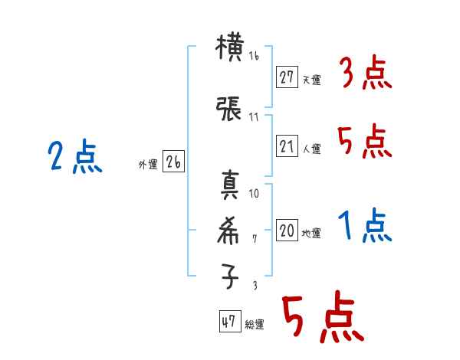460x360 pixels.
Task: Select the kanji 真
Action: pyautogui.click(x=230, y=187)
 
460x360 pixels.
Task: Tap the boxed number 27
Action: pyautogui.click(x=287, y=77)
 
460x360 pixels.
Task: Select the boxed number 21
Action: pyautogui.click(x=287, y=146)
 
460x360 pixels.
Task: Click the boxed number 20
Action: pyautogui.click(x=287, y=231)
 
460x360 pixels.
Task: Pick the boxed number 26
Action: pyautogui.click(x=173, y=162)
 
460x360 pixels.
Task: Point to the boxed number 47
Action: pyautogui.click(x=228, y=322)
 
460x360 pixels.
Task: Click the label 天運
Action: pyautogui.click(x=311, y=80)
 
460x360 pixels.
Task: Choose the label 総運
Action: pyautogui.click(x=254, y=325)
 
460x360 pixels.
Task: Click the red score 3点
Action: pyautogui.click(x=365, y=75)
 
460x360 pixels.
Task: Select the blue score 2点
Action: pyautogui.click(x=74, y=158)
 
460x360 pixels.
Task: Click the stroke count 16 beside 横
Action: pyautogui.click(x=255, y=56)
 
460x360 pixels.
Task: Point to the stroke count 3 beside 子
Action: pyautogui.click(x=255, y=285)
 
